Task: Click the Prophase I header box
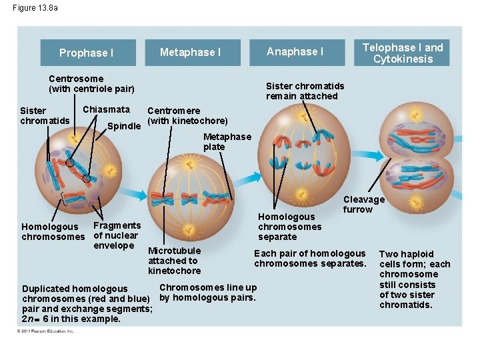point(87,53)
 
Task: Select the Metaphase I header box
point(191,52)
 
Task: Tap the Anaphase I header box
point(295,52)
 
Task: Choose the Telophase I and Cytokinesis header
point(402,53)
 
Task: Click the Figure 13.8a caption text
point(35,8)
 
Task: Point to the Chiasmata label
point(106,109)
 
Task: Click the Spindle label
point(124,125)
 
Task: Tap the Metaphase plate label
point(227,141)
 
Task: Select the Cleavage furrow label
point(363,204)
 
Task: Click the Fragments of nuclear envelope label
point(117,235)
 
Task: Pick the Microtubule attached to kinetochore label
point(174,261)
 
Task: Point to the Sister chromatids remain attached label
point(305,91)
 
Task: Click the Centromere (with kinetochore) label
point(187,115)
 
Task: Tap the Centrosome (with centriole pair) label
point(91,83)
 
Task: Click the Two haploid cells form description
point(414,279)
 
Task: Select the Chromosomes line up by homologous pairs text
point(207,292)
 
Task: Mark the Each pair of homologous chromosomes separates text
point(310,258)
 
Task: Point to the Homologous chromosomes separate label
point(289,227)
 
